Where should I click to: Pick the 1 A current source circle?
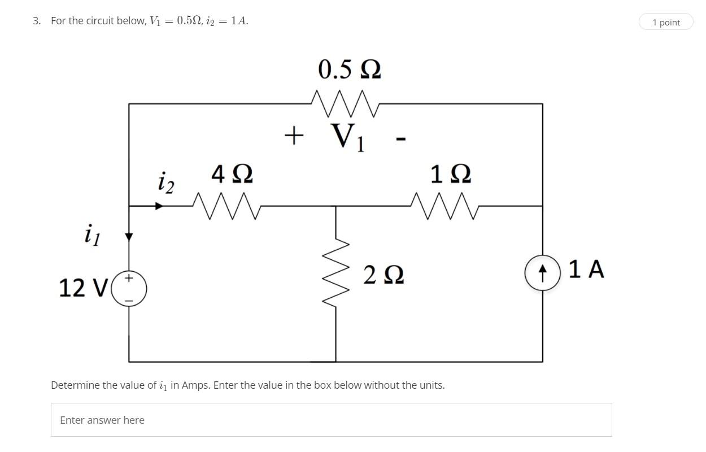(542, 274)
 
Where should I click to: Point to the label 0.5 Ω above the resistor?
(349, 69)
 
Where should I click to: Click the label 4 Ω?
(232, 174)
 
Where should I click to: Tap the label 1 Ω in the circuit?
(450, 174)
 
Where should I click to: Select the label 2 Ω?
(383, 276)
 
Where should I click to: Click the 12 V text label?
(83, 288)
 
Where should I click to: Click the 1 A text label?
(586, 270)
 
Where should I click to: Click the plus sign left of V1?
(294, 136)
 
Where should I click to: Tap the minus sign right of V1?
(400, 138)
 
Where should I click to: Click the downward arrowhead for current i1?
(129, 237)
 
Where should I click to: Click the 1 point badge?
(666, 22)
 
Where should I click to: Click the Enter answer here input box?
(331, 420)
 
